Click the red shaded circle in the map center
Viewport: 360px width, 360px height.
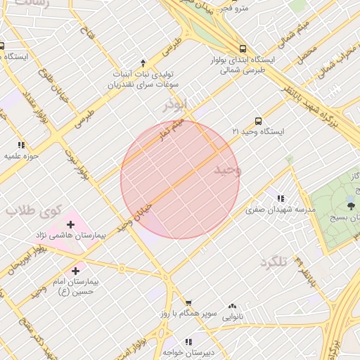[x=180, y=179]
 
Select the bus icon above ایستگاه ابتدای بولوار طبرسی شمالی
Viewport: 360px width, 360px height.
[x=243, y=49]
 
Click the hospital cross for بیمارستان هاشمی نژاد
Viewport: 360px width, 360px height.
[x=70, y=224]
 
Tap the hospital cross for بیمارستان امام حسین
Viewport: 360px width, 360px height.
[x=75, y=270]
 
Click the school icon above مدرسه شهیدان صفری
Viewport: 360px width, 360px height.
[x=281, y=198]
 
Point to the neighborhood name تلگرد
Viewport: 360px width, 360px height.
[x=274, y=262]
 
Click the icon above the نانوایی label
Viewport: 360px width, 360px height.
[x=233, y=306]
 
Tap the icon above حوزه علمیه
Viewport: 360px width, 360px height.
[x=20, y=144]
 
